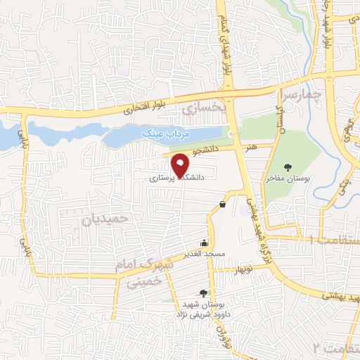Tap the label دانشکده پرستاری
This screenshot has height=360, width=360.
point(176,179)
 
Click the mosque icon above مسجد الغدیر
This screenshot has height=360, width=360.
point(206,241)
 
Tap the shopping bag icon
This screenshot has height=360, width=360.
point(222,204)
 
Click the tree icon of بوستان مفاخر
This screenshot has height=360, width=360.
point(288,167)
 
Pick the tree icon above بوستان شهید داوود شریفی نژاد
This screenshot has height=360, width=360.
point(205,293)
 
